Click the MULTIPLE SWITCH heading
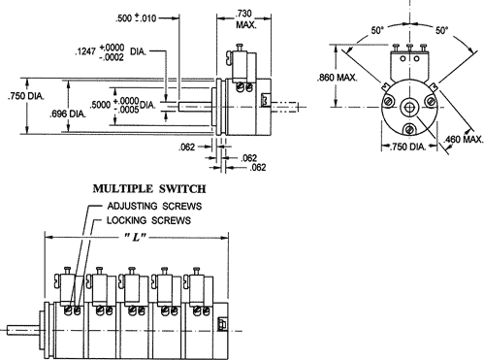click(x=149, y=188)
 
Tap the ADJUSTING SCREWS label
click(x=154, y=206)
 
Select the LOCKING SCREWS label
click(x=148, y=220)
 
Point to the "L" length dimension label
click(x=135, y=238)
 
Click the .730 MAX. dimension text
click(x=245, y=19)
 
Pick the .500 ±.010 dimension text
click(x=136, y=18)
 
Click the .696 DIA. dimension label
click(x=68, y=114)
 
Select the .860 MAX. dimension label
click(x=337, y=78)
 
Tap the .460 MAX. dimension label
click(x=464, y=140)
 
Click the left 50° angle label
click(x=377, y=31)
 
